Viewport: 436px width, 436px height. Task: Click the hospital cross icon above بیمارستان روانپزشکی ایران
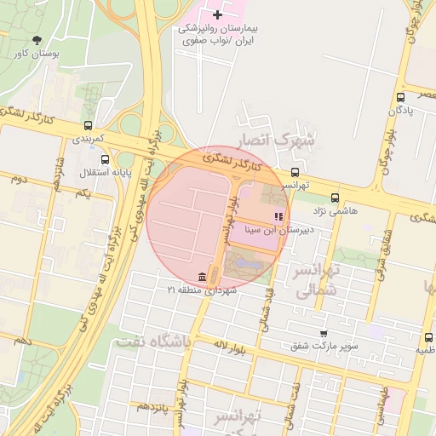point(218,14)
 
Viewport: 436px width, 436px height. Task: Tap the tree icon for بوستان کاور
point(36,39)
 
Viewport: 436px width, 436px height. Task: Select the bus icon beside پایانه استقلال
point(105,159)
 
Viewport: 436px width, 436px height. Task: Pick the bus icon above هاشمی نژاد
point(334,198)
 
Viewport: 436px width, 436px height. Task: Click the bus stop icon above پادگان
point(400,97)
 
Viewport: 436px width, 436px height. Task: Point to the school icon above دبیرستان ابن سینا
point(278,216)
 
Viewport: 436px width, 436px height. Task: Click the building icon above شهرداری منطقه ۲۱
point(201,277)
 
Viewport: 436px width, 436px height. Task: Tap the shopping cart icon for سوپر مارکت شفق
point(323,333)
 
